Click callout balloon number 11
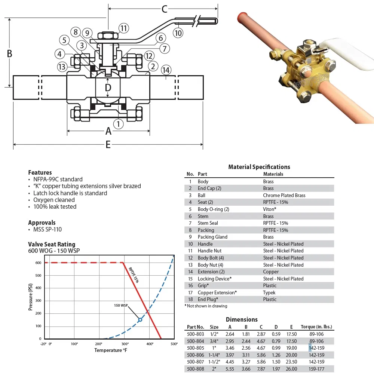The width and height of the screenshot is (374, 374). [124, 28]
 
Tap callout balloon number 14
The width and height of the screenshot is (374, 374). [166, 70]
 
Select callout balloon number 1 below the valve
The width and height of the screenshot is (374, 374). [119, 123]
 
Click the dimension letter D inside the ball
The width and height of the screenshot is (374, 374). [108, 88]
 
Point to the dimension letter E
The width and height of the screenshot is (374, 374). [108, 144]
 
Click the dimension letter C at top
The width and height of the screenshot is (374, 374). [164, 8]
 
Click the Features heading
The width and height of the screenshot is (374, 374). [40, 172]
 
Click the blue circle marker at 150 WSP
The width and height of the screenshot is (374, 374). [140, 320]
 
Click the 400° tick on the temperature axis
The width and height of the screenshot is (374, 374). [150, 344]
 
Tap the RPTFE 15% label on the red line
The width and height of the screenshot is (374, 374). [134, 275]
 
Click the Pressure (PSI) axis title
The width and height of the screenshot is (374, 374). [31, 297]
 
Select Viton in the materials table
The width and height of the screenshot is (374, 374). [270, 209]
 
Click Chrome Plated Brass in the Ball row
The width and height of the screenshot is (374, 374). [284, 195]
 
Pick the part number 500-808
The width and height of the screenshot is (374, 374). [195, 368]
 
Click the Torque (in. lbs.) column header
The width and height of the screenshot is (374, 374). [317, 327]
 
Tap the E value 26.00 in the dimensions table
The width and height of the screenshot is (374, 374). [291, 368]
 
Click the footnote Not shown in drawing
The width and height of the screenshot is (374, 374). [206, 306]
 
